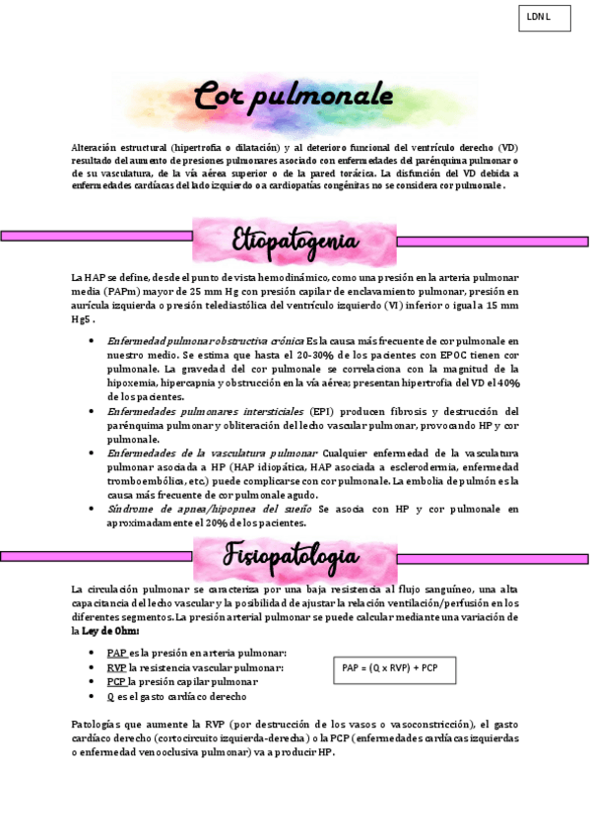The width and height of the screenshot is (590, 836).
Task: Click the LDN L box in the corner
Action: (544, 18)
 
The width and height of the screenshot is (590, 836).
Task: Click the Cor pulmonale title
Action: (293, 98)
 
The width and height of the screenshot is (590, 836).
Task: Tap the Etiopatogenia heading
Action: (295, 241)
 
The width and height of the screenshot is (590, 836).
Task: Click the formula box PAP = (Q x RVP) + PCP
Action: (390, 668)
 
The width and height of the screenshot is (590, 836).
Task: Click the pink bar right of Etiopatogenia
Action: (492, 241)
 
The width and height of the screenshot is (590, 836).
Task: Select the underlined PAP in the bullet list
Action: (116, 653)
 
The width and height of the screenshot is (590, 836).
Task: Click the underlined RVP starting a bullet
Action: (116, 667)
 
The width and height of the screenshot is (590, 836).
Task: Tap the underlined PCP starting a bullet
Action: (116, 681)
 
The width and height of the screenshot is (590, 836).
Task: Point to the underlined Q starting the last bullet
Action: (109, 696)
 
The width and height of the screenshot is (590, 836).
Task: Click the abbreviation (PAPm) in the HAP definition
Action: (117, 292)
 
